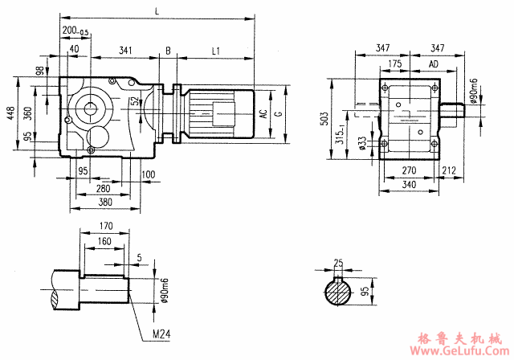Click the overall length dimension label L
click(156, 10)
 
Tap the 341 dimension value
click(125, 51)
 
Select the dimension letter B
click(168, 51)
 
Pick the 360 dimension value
click(27, 113)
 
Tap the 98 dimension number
click(39, 72)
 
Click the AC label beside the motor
click(263, 113)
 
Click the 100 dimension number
click(148, 174)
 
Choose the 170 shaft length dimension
click(103, 226)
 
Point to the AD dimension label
click(434, 63)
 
